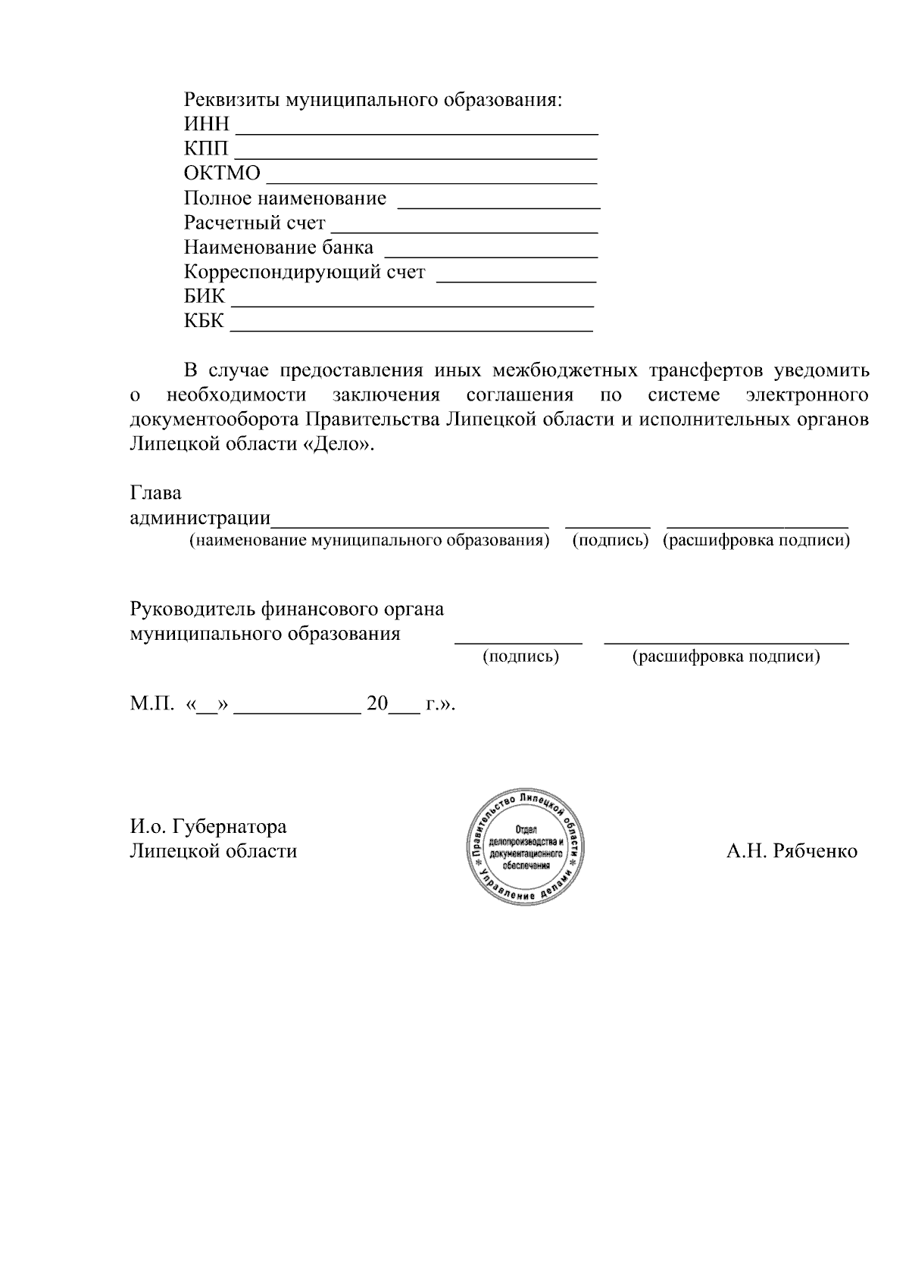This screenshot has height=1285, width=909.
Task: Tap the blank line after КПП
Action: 415,157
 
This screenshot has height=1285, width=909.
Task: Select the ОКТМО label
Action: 222,174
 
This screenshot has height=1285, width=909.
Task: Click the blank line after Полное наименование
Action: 498,206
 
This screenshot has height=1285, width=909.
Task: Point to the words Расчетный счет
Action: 255,223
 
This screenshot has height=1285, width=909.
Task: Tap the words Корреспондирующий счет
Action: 305,273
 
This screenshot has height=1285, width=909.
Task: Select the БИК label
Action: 205,297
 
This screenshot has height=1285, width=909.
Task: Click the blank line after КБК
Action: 411,330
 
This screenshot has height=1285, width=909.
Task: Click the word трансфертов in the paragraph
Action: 705,371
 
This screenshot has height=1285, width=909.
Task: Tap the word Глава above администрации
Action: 156,494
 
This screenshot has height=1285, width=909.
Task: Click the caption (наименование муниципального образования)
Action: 369,541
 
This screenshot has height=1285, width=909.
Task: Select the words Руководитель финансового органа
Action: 287,610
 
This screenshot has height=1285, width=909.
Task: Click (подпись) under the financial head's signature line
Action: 521,657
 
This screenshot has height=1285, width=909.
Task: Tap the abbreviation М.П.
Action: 152,704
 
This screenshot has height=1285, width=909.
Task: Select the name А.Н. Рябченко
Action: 792,852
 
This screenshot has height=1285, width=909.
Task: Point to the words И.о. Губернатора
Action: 208,826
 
